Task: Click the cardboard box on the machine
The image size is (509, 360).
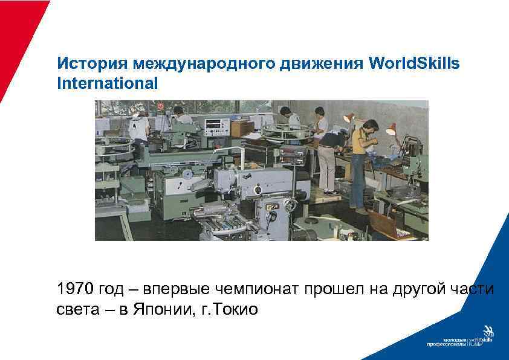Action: pyautogui.click(x=242, y=128)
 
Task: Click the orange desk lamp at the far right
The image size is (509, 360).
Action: pyautogui.click(x=390, y=128)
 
